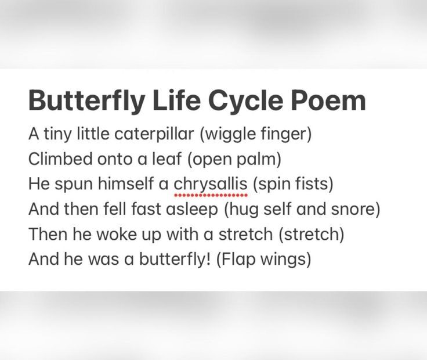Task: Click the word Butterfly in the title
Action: (x=86, y=101)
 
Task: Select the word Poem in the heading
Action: (x=328, y=101)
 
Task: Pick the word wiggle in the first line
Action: (x=231, y=135)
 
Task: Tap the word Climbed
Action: (x=55, y=160)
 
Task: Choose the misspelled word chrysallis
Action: (x=211, y=184)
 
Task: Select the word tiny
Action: (x=56, y=135)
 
